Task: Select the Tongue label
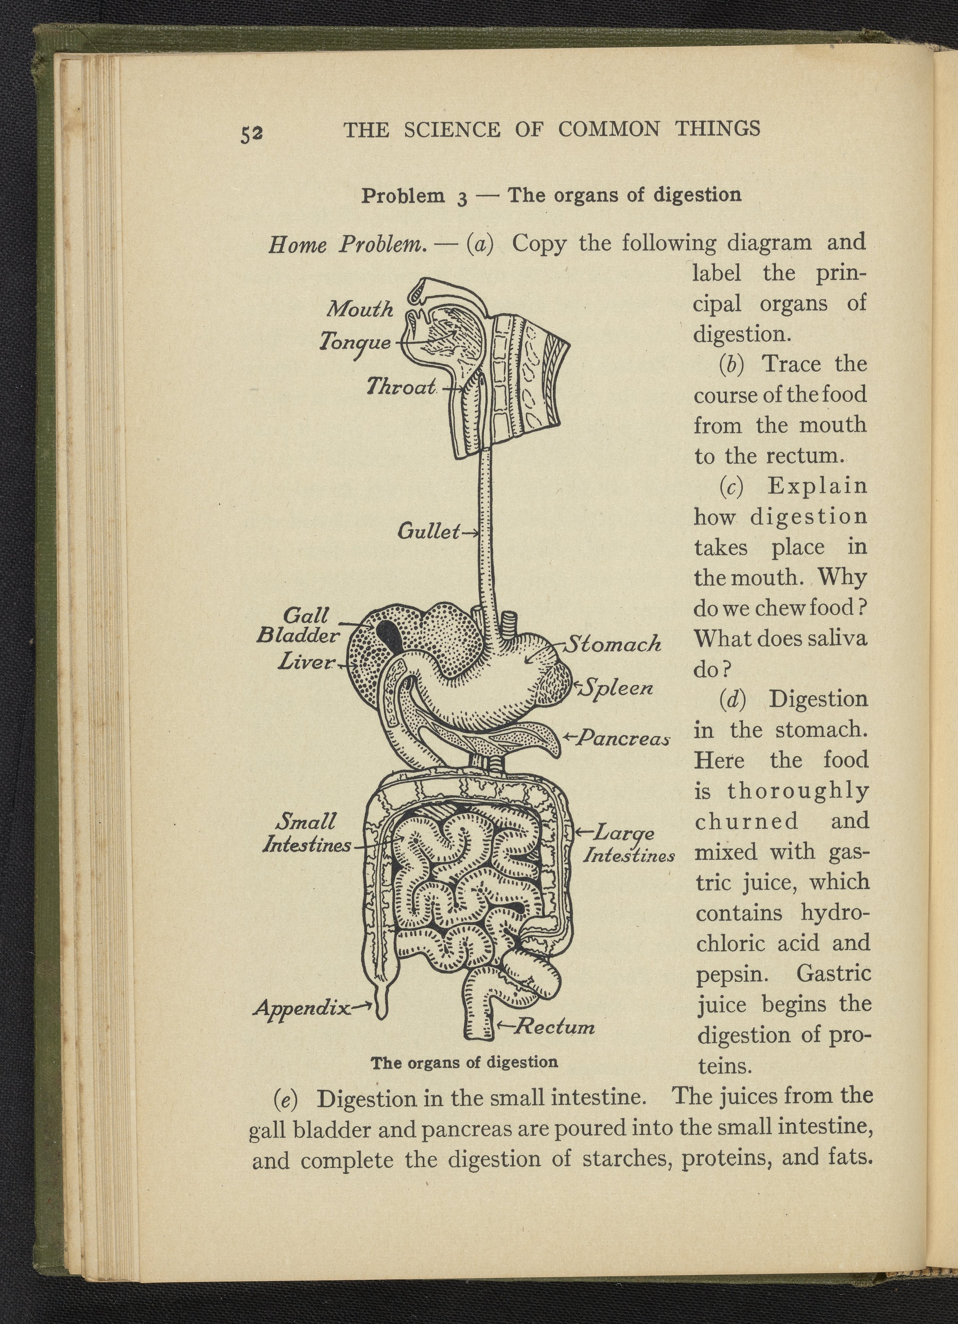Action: pos(355,342)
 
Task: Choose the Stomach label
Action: pos(614,644)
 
